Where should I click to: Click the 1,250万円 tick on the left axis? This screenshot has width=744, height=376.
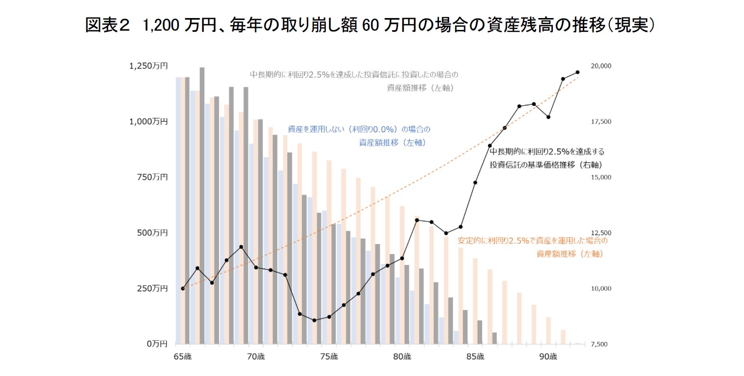[148, 66]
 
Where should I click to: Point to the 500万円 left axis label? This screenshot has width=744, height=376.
[152, 233]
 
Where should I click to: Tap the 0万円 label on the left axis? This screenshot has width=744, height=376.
[157, 344]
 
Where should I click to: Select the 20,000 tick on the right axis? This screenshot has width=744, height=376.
[601, 66]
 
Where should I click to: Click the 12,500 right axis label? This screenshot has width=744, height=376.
[601, 233]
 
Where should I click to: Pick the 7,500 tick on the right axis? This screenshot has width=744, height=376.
[599, 344]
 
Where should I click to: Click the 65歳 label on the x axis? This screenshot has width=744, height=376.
[183, 357]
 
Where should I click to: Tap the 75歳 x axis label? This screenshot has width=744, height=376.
[329, 357]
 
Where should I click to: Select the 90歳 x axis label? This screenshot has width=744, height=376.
[548, 357]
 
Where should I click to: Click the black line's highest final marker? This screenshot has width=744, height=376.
[578, 72]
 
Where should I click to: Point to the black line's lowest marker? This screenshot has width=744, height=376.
[314, 320]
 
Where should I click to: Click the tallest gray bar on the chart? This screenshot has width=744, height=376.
[202, 204]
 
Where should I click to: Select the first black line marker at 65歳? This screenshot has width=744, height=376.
[183, 288]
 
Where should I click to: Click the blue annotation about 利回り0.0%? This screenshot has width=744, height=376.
[359, 136]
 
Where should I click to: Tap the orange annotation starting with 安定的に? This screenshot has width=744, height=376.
[532, 247]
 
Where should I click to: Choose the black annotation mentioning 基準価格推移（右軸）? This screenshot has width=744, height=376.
[547, 158]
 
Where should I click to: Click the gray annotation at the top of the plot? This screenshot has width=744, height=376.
[354, 81]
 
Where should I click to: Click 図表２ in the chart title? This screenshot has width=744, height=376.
[107, 25]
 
